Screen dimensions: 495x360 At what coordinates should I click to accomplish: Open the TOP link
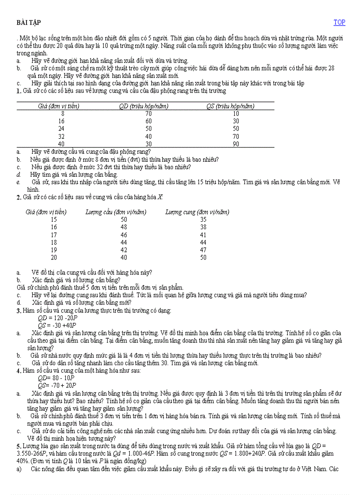coord(339,22)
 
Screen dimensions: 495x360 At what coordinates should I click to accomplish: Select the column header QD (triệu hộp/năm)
coord(144,106)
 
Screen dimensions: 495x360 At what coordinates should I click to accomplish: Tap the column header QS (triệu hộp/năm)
coord(230,106)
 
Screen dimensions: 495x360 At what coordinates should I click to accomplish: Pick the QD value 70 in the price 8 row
coord(149,113)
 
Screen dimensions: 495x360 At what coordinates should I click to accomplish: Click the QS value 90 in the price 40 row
coord(236,144)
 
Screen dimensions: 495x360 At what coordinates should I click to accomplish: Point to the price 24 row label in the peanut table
coord(61,129)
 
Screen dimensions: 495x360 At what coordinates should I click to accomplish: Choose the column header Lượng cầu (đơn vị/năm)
coord(116,212)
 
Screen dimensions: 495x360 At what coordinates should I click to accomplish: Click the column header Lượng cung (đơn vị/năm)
coord(197,212)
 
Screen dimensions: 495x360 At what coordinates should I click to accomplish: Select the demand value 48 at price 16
coord(124,227)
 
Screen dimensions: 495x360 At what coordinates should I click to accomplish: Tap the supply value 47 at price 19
coord(203,250)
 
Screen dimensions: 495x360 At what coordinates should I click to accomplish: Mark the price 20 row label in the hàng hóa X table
coord(54,257)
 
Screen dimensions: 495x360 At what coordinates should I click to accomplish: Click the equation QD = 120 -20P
coord(57,318)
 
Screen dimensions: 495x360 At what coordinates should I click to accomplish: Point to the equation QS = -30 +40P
coord(57,325)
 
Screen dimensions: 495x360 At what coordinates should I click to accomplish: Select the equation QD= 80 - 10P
coord(56,378)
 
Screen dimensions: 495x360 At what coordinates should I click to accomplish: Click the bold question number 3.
coord(19,311)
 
